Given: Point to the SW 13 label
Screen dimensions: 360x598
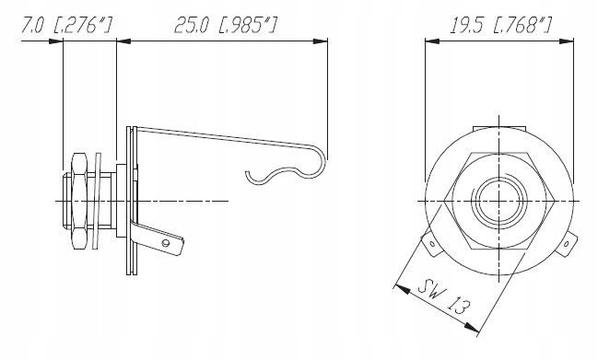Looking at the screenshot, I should coord(440,299).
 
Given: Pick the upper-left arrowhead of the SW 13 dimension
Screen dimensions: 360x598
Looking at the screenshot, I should coord(399,287).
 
